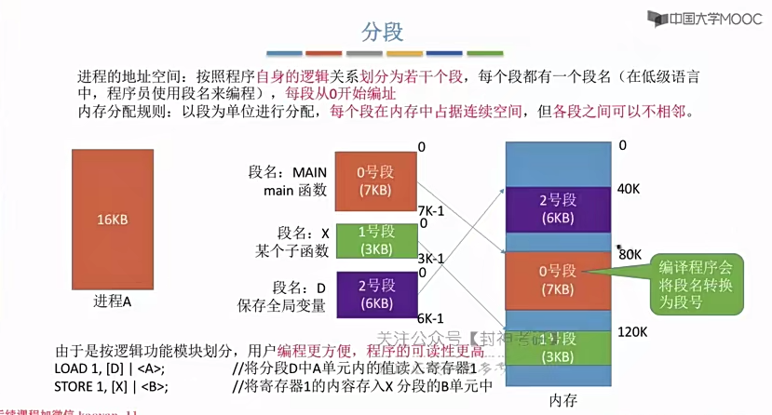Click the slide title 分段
point(382,31)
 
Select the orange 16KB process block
point(111,220)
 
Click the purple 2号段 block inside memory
point(557,209)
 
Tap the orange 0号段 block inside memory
point(557,280)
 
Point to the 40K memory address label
point(629,191)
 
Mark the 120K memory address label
point(633,331)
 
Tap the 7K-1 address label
point(430,211)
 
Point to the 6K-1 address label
point(430,318)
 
